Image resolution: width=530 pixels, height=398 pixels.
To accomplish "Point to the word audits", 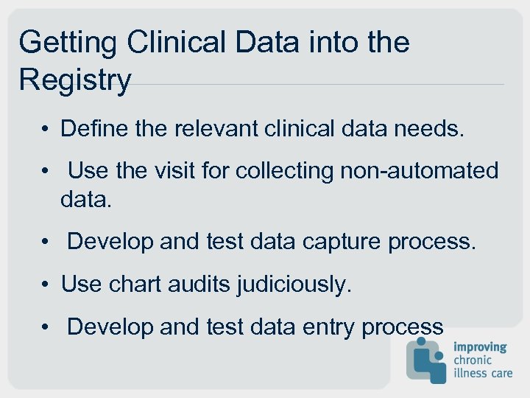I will tap(203, 284).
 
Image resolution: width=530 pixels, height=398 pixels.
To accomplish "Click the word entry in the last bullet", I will tap(323, 327).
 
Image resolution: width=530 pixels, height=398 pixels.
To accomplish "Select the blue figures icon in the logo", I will tap(426, 360).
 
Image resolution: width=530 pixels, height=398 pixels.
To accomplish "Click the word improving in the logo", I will tap(480, 346).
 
